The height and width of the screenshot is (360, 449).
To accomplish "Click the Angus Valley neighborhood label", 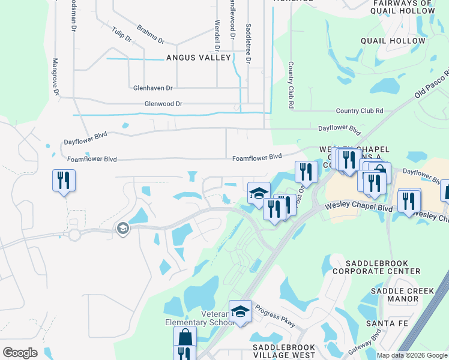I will coord(199,58).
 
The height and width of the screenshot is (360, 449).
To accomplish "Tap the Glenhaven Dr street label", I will coord(152,87).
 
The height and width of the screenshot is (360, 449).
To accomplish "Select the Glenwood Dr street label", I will coord(163,104).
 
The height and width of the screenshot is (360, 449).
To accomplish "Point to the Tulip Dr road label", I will coord(121,34).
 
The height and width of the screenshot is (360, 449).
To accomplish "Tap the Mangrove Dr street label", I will coord(55,76).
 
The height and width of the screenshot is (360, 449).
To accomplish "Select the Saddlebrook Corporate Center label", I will coord(384,267).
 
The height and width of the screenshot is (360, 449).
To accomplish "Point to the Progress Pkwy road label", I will coord(275,316).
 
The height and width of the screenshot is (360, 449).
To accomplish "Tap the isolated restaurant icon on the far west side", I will coord(62,180).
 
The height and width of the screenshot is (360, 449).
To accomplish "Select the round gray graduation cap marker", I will coord(122,229).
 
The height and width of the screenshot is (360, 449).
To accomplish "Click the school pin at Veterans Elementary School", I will coord(240,311).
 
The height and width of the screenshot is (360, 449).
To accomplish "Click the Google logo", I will coord(20,353).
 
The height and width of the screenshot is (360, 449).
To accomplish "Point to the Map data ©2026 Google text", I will coord(412,355).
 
